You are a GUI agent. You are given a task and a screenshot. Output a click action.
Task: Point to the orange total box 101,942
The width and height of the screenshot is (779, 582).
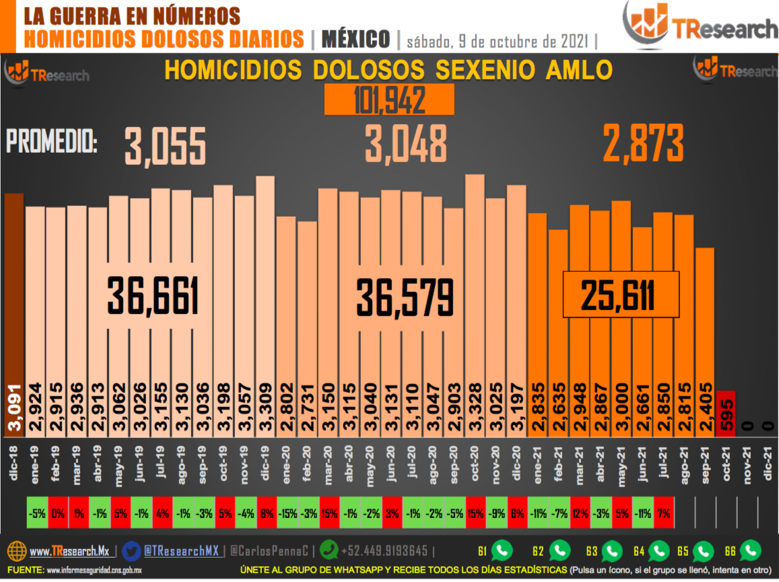click(x=389, y=100)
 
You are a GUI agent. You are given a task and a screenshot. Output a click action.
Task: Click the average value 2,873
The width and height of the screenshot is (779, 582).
click(x=643, y=143)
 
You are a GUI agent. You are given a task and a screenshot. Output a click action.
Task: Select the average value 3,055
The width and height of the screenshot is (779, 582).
click(x=165, y=147)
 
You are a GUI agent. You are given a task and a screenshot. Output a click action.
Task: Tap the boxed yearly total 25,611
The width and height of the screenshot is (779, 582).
click(x=620, y=295)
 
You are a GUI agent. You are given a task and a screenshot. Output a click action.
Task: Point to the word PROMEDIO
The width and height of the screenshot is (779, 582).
click(x=51, y=143)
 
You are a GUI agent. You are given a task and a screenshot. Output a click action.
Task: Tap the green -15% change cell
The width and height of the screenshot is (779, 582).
click(x=287, y=514)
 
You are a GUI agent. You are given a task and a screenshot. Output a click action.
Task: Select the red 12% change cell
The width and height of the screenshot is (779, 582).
click(x=580, y=514)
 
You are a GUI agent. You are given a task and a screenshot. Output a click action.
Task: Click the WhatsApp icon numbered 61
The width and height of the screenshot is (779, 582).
click(x=502, y=551)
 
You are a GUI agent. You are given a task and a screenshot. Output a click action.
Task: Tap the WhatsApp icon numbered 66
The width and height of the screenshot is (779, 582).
click(x=750, y=551)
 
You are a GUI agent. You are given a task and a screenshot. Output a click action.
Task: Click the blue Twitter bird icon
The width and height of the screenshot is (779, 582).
click(x=132, y=550)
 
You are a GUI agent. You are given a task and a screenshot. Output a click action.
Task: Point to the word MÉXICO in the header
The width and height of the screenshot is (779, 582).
click(x=355, y=39)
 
